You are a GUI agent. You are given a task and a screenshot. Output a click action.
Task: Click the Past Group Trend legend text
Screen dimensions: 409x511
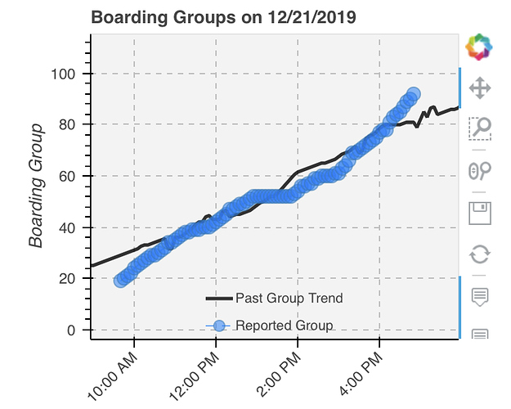click(x=289, y=298)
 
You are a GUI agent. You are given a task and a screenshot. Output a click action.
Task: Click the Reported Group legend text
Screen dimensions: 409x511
click(x=284, y=326)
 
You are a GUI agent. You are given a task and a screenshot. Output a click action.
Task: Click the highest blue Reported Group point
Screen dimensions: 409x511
click(x=414, y=94)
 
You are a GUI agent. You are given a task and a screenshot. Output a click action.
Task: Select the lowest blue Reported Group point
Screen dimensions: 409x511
click(x=121, y=281)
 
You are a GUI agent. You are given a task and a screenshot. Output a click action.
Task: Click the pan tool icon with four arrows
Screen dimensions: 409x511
click(x=479, y=88)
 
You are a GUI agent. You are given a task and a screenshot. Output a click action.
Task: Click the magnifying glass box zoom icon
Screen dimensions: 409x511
click(x=479, y=128)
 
